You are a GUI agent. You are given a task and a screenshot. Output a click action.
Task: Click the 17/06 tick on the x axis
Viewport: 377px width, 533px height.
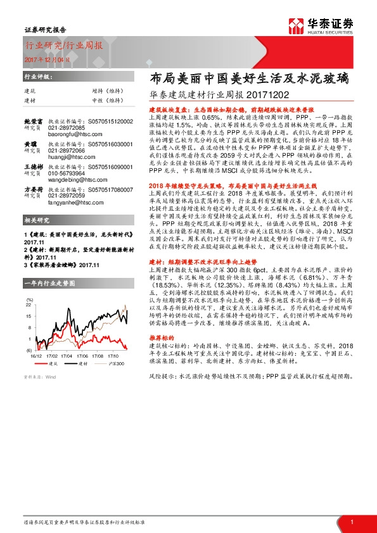84,355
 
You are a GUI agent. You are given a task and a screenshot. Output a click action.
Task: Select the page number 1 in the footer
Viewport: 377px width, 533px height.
351,522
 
